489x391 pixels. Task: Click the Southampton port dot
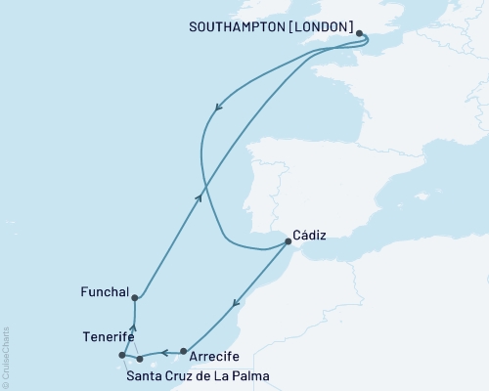tap(359, 34)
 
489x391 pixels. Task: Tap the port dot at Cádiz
tap(287, 241)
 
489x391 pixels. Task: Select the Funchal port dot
tap(134, 298)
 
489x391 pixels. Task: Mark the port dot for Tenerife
tap(122, 356)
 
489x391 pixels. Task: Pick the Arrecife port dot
tap(183, 351)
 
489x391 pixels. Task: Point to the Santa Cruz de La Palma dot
tap(140, 359)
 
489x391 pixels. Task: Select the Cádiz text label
tap(309, 235)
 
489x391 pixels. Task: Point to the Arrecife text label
tap(213, 358)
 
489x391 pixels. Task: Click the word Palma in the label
tap(250, 375)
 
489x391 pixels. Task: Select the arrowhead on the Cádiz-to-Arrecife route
tap(234, 309)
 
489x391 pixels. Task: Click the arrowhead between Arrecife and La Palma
tap(164, 351)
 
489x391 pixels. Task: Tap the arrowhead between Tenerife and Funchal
tap(133, 328)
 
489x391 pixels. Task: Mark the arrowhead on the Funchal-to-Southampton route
tap(200, 197)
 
